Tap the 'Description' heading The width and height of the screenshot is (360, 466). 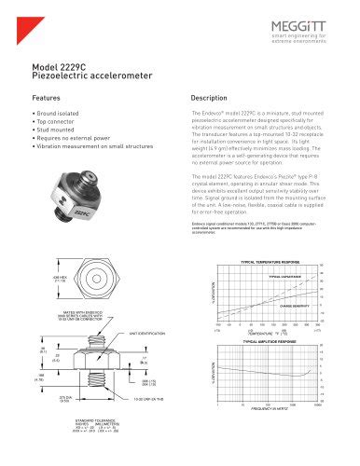210,97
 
